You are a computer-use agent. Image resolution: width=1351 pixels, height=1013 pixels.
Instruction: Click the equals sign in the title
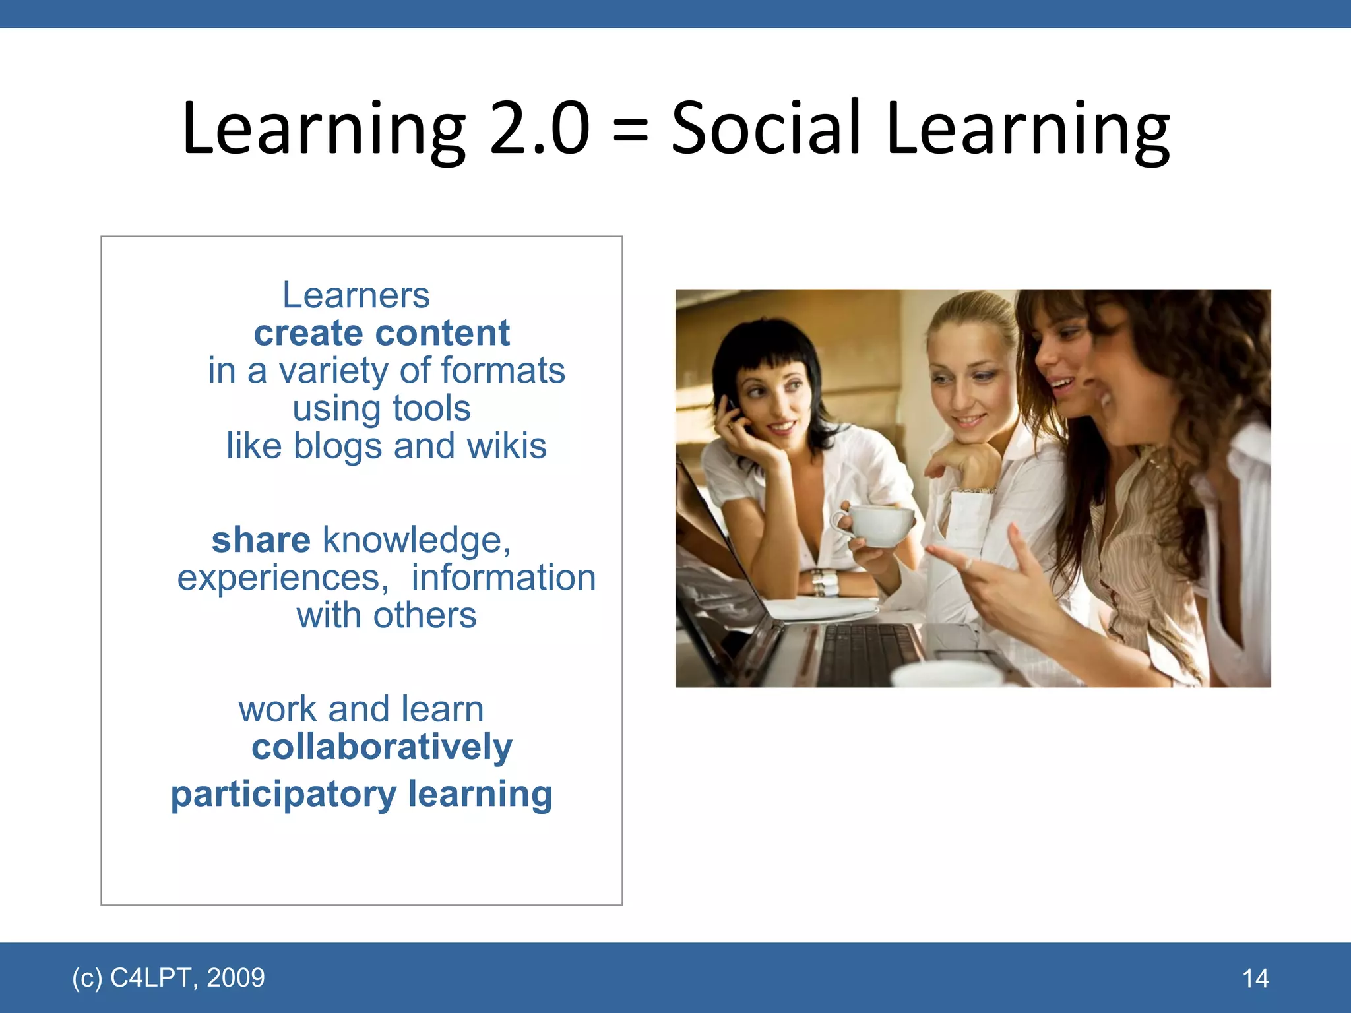pyautogui.click(x=631, y=130)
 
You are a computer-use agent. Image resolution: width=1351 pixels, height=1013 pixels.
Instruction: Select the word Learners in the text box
pyautogui.click(x=356, y=295)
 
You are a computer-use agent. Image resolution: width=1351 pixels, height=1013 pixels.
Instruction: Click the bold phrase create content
pyautogui.click(x=381, y=332)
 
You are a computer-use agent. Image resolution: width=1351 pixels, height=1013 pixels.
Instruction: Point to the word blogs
pyautogui.click(x=337, y=446)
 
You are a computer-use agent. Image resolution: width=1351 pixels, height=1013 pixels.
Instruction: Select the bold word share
pyautogui.click(x=261, y=540)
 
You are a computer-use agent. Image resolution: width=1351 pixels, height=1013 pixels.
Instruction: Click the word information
pyautogui.click(x=503, y=578)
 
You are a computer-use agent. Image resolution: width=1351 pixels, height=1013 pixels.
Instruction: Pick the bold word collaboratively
pyautogui.click(x=381, y=747)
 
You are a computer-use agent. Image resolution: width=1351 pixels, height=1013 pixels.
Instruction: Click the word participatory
pyautogui.click(x=283, y=795)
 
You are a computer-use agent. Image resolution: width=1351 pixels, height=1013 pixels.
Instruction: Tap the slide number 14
pyautogui.click(x=1255, y=978)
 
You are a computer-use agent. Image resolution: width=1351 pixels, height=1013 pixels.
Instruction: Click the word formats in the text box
pyautogui.click(x=503, y=371)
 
